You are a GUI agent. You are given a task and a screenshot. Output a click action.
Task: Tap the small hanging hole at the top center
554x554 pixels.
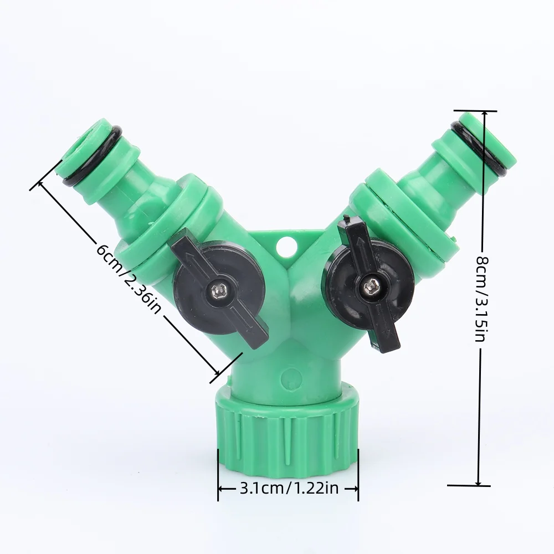tap(286, 245)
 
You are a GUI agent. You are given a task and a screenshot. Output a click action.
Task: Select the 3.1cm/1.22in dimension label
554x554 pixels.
tap(288, 488)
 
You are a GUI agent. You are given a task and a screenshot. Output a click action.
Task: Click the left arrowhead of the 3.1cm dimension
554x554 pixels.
tap(220, 489)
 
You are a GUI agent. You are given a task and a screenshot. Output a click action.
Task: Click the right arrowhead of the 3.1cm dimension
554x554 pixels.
tap(356, 489)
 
